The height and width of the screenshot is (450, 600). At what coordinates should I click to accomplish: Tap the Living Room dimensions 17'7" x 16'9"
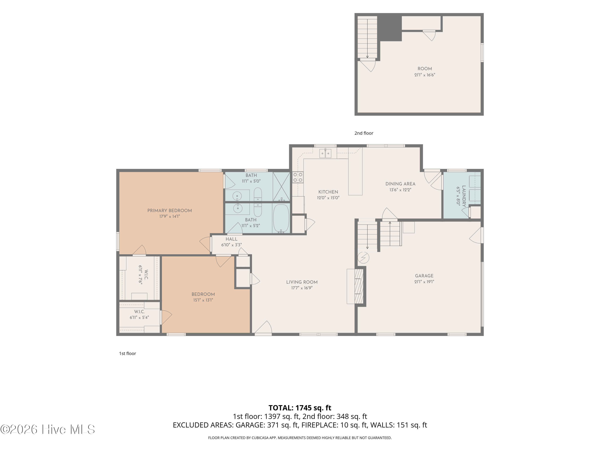(302, 288)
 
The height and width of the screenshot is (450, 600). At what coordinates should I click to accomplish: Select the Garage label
(424, 276)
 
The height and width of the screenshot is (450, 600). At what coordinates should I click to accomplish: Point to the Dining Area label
(400, 184)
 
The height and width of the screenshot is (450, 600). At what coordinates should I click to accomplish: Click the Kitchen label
(328, 192)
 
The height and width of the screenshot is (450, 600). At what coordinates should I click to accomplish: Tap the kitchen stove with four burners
(298, 177)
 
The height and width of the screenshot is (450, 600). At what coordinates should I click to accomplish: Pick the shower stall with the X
(281, 187)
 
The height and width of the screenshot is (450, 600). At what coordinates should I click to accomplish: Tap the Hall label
(231, 239)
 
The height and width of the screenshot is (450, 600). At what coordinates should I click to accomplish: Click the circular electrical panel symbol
(363, 258)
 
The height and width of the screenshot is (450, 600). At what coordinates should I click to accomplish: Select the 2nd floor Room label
(425, 69)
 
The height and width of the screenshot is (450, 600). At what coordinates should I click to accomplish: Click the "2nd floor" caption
(364, 133)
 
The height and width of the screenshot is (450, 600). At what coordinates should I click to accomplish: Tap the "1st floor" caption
(127, 353)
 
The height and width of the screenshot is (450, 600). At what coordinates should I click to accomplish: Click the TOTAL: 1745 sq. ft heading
(300, 408)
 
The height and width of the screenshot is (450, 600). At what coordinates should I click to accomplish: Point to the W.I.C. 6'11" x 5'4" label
(139, 315)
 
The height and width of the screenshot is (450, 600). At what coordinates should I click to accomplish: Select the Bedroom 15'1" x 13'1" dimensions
(203, 300)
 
